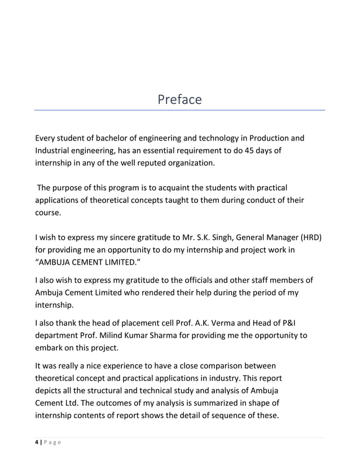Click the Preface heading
pos(179,100)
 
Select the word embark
pos(50,350)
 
